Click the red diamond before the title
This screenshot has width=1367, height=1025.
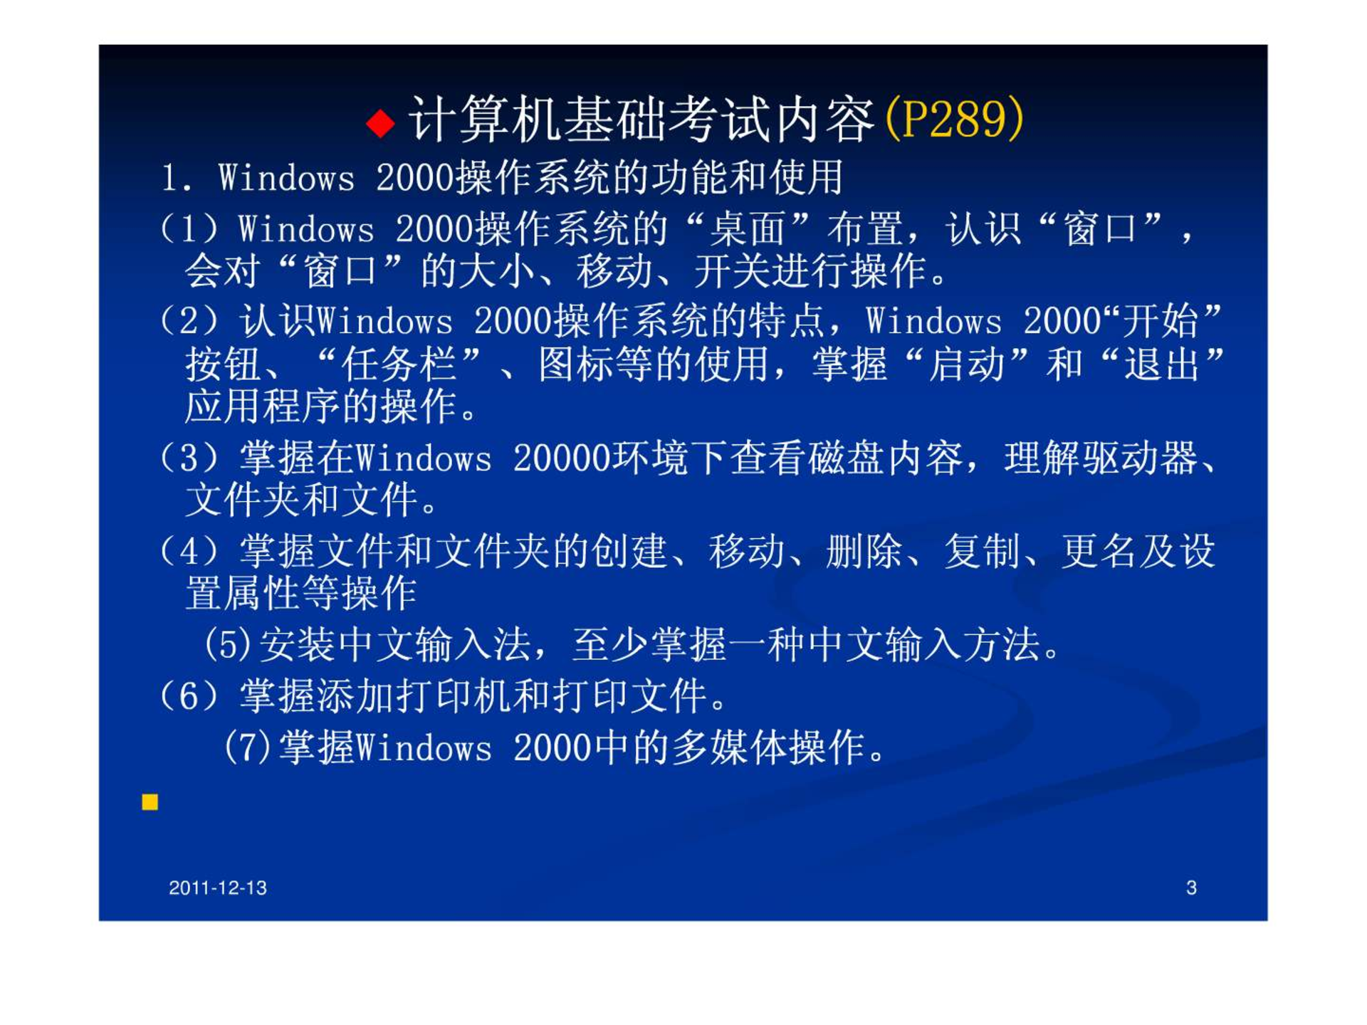pos(380,123)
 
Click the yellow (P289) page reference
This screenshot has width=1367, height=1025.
pos(954,118)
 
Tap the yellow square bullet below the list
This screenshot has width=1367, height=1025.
pos(150,802)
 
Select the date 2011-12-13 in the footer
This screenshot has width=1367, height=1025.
pos(218,888)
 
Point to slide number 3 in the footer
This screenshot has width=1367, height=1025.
pos(1191,888)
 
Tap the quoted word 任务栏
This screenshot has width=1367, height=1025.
pos(399,364)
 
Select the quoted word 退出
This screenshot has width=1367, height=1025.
pos(1162,364)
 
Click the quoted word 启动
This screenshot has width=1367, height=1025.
pos(966,364)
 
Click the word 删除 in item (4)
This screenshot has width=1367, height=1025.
pos(864,551)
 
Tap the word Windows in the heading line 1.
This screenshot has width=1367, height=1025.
pos(286,177)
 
